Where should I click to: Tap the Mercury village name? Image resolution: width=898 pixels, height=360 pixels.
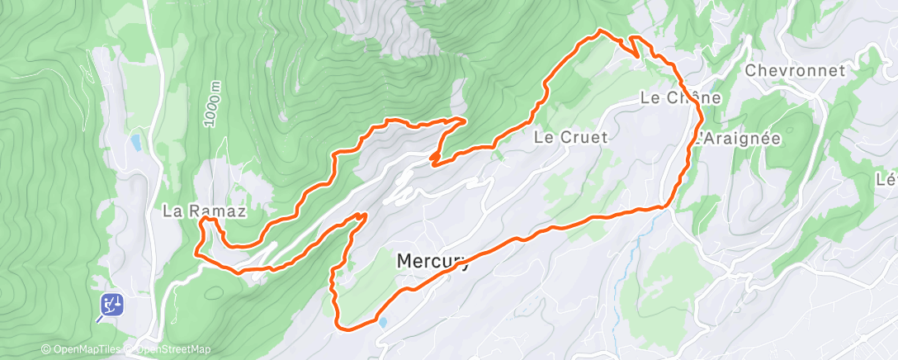click(432, 261)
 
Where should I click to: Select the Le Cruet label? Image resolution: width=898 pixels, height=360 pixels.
click(571, 137)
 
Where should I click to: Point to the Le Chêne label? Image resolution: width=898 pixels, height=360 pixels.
click(681, 97)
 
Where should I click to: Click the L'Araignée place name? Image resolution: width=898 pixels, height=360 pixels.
click(737, 139)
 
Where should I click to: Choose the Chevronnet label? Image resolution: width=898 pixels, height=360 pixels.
click(795, 71)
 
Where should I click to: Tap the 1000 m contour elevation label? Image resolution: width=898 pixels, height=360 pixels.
click(215, 103)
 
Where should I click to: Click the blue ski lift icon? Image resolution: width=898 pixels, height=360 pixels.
click(112, 306)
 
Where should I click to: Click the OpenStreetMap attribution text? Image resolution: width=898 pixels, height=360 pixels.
click(169, 349)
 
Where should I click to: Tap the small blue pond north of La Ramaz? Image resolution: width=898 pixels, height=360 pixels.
click(135, 143)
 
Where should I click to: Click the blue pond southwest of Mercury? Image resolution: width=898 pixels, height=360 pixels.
click(382, 322)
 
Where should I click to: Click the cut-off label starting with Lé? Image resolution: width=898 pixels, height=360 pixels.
click(887, 179)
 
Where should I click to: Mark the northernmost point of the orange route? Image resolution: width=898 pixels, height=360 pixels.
click(601, 31)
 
